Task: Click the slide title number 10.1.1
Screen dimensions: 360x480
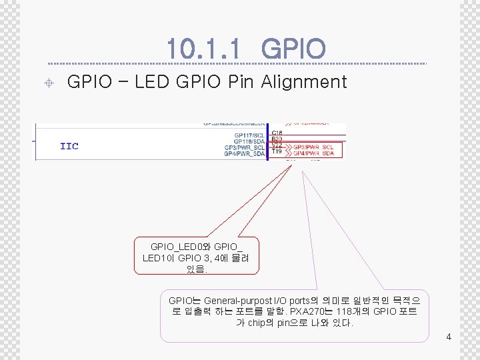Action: (207, 48)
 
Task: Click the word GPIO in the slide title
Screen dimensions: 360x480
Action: (293, 48)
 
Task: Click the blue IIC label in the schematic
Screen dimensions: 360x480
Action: (69, 146)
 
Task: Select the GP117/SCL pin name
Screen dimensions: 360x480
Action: (249, 135)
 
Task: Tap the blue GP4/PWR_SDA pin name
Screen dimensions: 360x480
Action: (244, 154)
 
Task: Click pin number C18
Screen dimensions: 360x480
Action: (277, 133)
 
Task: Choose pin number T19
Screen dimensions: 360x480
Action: (277, 151)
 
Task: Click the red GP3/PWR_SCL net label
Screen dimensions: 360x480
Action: (314, 146)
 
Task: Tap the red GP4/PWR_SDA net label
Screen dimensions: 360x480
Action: (314, 153)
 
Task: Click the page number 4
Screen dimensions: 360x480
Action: (449, 337)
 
